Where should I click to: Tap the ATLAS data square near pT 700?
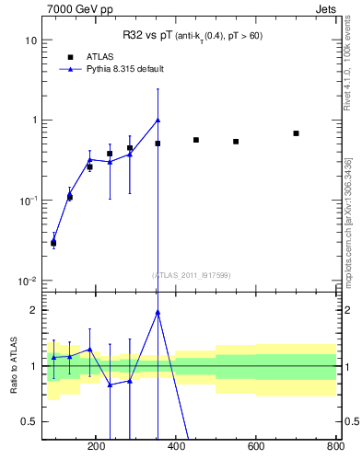pyautogui.click(x=296, y=133)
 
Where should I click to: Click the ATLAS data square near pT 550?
pyautogui.click(x=236, y=142)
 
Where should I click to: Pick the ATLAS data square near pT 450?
pyautogui.click(x=196, y=140)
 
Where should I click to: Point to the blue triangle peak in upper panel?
pyautogui.click(x=158, y=120)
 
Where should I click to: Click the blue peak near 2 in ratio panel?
pyautogui.click(x=158, y=312)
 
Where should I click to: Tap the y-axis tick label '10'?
pyautogui.click(x=30, y=40)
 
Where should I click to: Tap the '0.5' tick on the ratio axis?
pyautogui.click(x=29, y=421)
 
